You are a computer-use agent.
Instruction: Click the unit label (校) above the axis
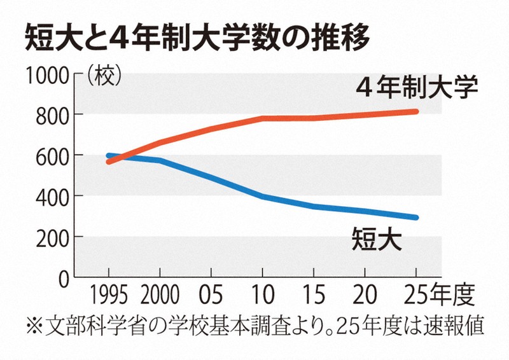tap(102, 76)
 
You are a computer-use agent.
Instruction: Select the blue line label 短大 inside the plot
tap(377, 240)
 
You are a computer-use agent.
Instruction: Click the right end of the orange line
tap(415, 112)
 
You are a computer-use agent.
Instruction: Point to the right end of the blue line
tap(415, 218)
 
